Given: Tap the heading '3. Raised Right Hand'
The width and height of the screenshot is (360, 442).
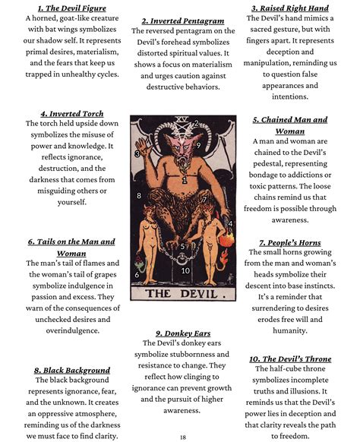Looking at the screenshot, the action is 295,9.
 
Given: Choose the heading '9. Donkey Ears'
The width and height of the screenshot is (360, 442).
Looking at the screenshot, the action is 182,333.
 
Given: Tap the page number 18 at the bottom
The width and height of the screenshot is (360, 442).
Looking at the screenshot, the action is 183,437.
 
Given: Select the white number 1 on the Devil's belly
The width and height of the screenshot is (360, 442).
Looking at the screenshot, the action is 185,181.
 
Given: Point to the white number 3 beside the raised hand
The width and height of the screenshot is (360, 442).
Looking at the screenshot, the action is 137,153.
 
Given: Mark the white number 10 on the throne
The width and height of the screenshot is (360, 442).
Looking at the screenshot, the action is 185,270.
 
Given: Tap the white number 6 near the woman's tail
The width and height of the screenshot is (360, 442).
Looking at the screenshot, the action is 137,274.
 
